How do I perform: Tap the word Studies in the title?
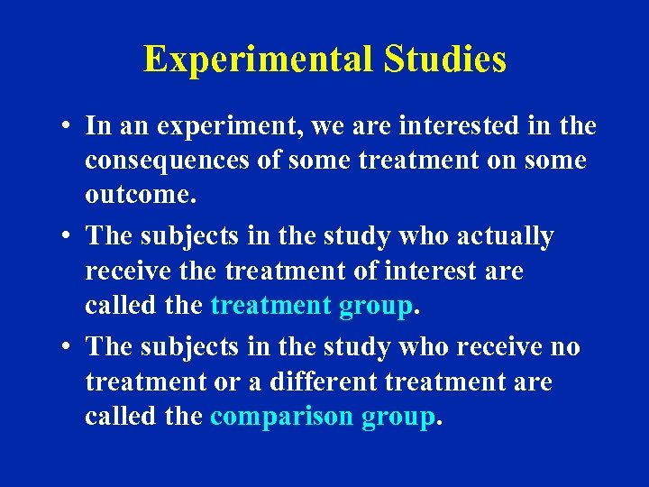point(445,60)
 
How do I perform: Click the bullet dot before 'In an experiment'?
point(68,126)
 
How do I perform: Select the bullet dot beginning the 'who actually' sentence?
point(68,236)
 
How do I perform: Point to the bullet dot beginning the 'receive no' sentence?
point(68,347)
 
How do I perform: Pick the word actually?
point(505,236)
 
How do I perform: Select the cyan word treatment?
point(270,306)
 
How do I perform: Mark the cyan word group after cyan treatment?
point(375,306)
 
